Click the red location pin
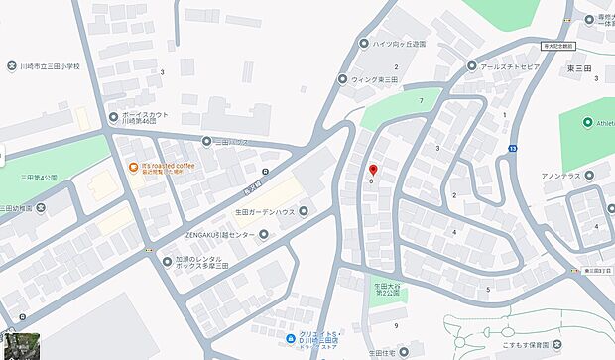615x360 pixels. [x=372, y=170]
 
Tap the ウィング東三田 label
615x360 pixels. [x=374, y=79]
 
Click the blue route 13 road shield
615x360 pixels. [x=512, y=148]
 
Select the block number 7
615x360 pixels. [x=423, y=101]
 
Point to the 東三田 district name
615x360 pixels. [x=578, y=67]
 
